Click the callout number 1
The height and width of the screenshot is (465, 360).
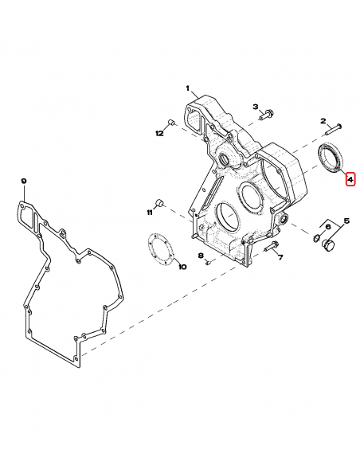coord(187,88)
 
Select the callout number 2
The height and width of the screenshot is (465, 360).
coord(323,121)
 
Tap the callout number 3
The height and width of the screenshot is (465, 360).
coord(256,107)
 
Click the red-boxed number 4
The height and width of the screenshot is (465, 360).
coord(350,179)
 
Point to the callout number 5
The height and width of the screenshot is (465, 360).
coord(346,221)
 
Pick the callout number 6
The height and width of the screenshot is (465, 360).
coord(328,227)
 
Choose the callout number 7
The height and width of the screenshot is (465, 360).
coord(280,257)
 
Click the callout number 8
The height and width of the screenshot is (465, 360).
coord(201,256)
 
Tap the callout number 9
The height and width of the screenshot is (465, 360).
coord(24,182)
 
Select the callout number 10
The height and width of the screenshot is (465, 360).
coord(182,267)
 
